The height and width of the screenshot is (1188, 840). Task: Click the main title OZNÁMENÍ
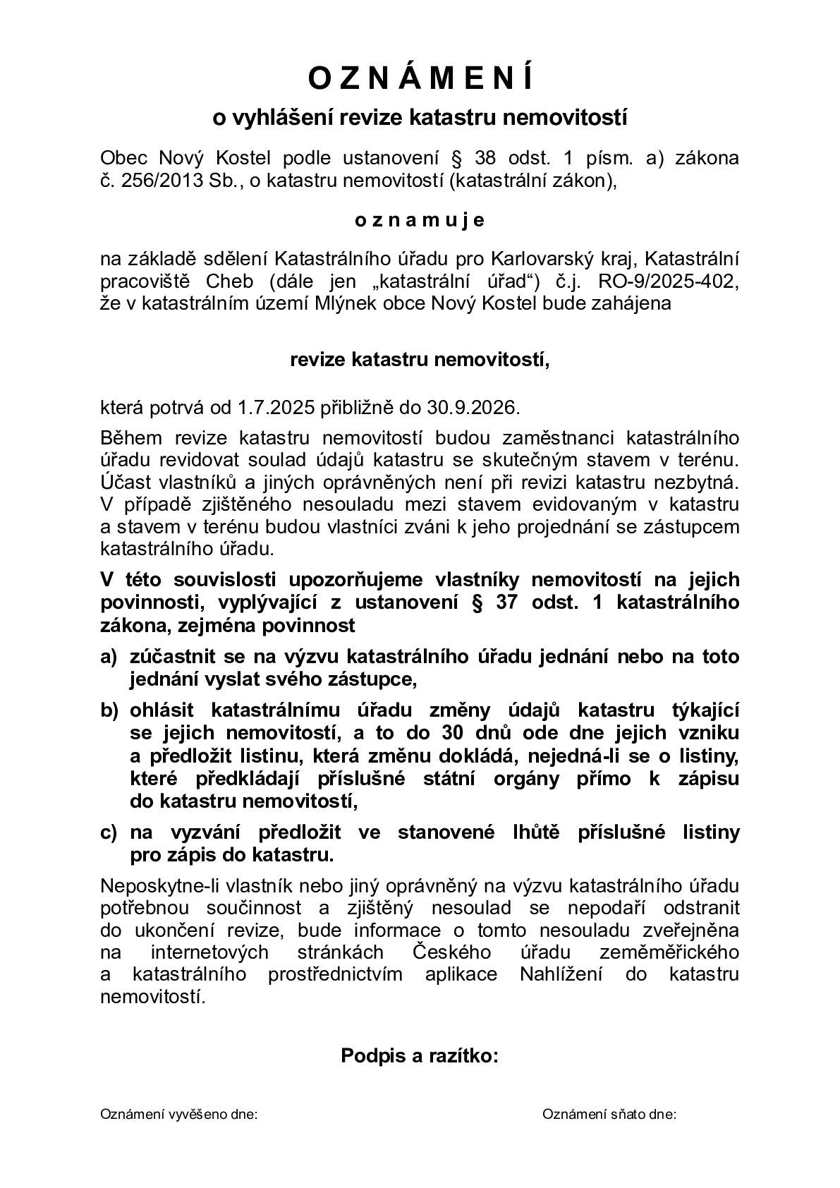coord(420,78)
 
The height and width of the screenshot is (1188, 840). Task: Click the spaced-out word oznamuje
coord(420,220)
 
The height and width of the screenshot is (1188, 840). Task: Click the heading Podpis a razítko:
coord(420,1055)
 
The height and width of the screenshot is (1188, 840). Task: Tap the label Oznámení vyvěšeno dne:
coord(179,1115)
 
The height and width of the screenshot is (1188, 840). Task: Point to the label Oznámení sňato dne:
coord(609,1115)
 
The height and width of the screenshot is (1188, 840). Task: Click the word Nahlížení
coord(557,974)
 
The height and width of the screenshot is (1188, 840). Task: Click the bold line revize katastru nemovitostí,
coord(420,360)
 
